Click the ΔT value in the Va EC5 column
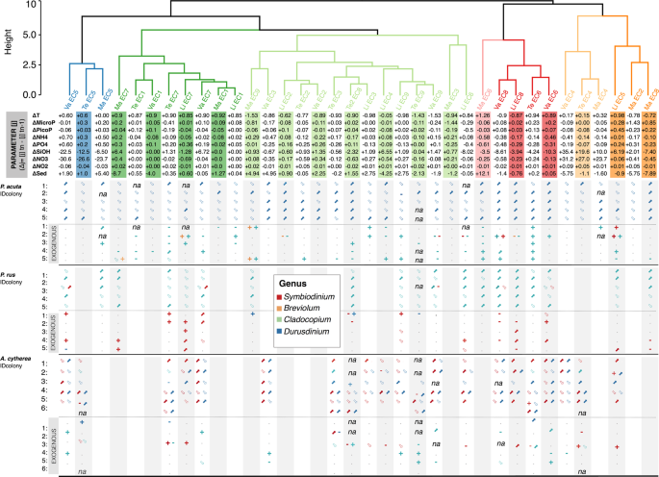click(69, 115)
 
